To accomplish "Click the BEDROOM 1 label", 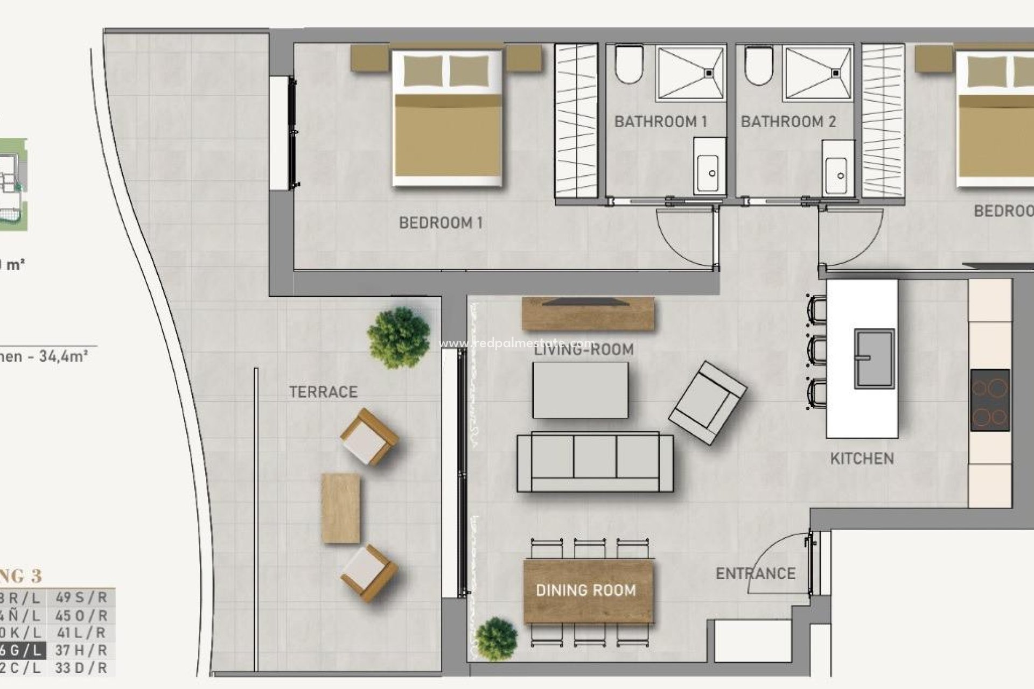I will point(441,223).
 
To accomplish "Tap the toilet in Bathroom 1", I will point(629,65).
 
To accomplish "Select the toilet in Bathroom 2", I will point(758,65).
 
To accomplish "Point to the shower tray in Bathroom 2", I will point(819,73).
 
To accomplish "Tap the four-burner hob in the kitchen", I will point(990,399).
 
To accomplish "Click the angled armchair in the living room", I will point(708,403).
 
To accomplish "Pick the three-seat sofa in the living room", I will point(595,462).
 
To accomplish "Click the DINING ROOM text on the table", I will point(586,591).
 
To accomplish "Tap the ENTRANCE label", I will point(755,574).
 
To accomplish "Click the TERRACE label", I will point(323,392).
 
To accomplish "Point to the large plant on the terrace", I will point(399,338).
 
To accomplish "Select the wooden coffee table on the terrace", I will point(340,508).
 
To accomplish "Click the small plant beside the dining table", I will point(497,639).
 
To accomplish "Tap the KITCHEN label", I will point(862,459).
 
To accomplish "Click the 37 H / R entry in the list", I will point(81,650).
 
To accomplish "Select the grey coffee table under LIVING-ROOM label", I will point(580,390).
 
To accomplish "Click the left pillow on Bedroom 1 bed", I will point(423,71).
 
